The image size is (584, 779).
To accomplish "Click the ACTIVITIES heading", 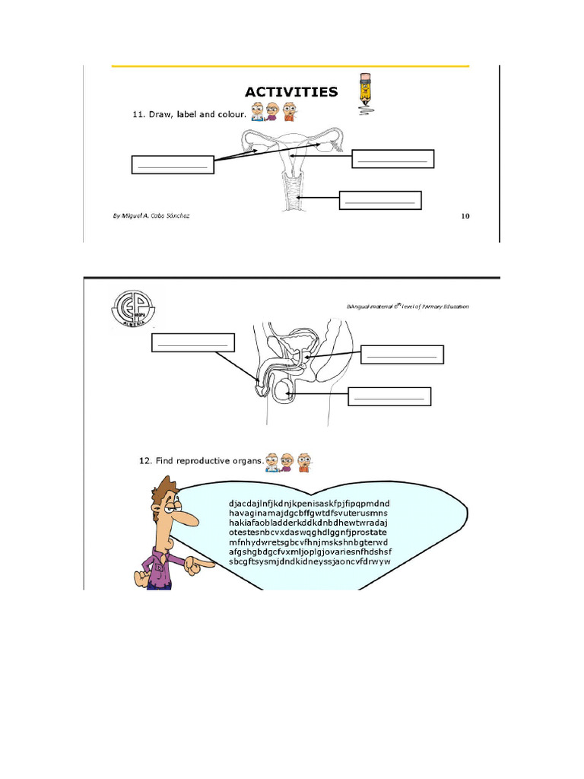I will (291, 92).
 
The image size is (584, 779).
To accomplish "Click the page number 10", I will (465, 216).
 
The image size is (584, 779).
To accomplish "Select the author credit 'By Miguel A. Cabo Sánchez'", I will (151, 216).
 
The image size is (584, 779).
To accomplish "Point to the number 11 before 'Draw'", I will (138, 115).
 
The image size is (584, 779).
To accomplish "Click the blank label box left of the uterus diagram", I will (173, 164).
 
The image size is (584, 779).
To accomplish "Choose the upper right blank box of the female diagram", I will (392, 158).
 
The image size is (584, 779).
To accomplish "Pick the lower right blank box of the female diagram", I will (379, 200).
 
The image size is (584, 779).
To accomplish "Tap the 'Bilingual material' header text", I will (407, 307).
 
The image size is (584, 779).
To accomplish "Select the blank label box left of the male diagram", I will (193, 342).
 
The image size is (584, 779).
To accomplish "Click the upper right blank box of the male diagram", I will (401, 355).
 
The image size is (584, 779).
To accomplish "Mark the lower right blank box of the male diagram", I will (389, 396).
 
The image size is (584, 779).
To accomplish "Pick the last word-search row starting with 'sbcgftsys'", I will (309, 561).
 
